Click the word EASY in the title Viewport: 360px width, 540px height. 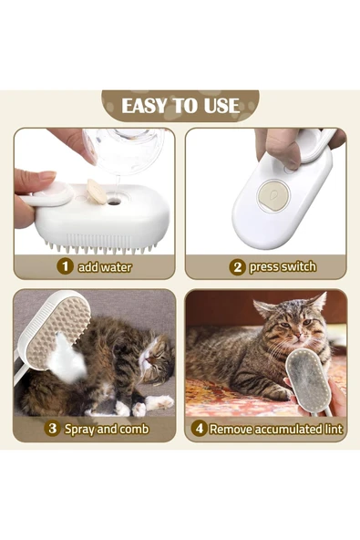[x=144, y=106]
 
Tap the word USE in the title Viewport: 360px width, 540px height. [x=219, y=106]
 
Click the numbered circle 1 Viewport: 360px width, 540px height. [x=65, y=267]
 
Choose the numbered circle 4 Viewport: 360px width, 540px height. [x=199, y=428]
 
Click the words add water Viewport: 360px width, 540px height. [x=105, y=267]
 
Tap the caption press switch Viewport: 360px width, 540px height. [x=283, y=267]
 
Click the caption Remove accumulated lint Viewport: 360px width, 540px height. [x=275, y=428]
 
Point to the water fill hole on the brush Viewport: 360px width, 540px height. [x=114, y=201]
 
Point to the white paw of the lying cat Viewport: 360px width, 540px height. [x=160, y=401]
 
